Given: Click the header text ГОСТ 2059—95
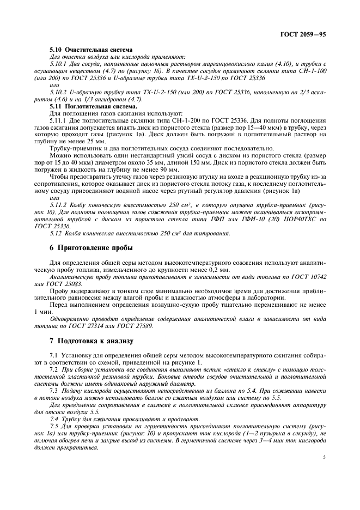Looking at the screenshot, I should [x=307, y=34].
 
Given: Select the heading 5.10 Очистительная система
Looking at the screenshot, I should [x=78, y=49].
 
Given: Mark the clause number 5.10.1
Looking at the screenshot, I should [x=58, y=64].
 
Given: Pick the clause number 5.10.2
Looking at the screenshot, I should [x=58, y=92].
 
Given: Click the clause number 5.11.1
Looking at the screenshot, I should [x=58, y=120].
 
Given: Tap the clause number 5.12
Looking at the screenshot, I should [x=55, y=233].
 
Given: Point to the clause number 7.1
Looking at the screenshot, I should [x=53, y=356].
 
